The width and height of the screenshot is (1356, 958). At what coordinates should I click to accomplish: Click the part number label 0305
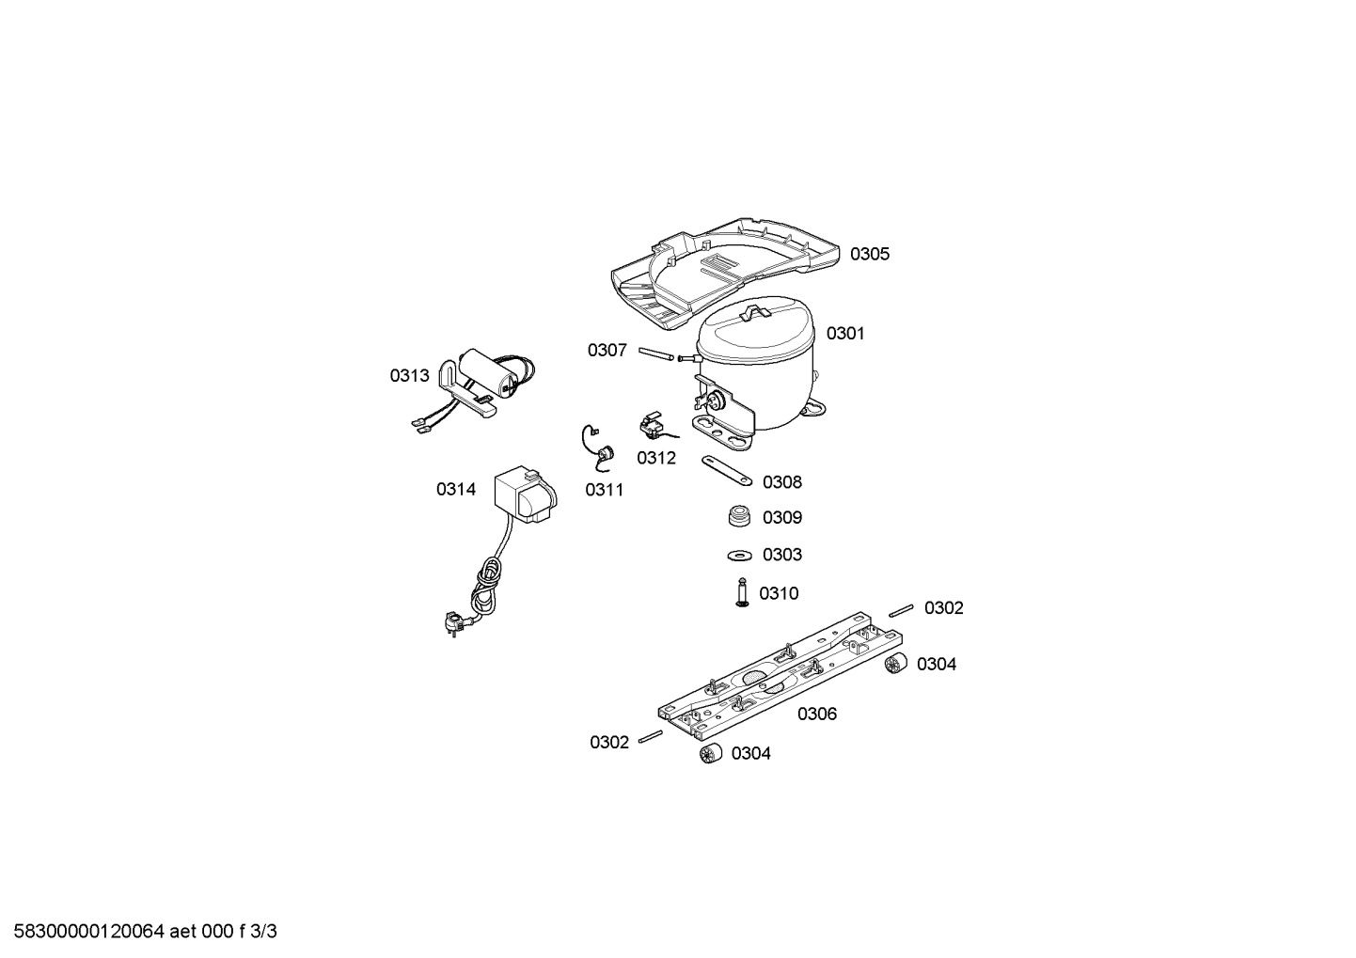[869, 254]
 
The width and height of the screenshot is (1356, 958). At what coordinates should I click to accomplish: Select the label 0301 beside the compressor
[845, 334]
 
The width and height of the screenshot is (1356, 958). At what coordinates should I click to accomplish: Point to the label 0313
[409, 376]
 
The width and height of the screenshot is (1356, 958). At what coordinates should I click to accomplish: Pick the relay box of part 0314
[524, 495]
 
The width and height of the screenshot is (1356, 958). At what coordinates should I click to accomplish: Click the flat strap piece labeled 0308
[726, 471]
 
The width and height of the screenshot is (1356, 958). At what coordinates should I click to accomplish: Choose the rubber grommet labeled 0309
[740, 515]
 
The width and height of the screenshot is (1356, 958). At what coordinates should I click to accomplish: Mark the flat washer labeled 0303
[740, 555]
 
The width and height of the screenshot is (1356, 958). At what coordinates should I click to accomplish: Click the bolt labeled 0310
[742, 592]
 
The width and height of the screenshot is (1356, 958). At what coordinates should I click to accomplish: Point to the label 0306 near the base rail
[816, 715]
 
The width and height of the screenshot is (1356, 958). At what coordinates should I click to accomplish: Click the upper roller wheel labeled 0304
[895, 664]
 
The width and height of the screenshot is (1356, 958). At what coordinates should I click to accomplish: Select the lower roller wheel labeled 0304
[711, 752]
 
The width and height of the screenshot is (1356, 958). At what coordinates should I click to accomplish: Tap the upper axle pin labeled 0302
[901, 611]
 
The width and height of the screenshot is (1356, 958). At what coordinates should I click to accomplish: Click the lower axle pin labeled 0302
[651, 736]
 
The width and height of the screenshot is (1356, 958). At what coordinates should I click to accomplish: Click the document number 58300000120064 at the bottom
[88, 932]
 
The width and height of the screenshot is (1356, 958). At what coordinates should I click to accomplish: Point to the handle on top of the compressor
[755, 313]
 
